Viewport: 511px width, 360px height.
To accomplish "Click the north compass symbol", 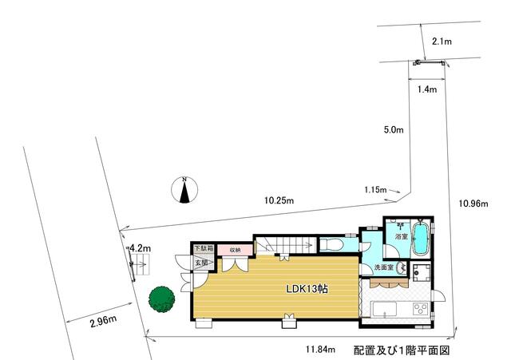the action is point(184,190).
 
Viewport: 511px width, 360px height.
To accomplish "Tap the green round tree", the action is point(161,299).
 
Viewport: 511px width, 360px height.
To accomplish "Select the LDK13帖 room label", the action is point(307,289).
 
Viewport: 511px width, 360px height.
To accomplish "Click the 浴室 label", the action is point(402,236).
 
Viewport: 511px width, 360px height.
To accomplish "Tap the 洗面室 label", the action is point(384,267).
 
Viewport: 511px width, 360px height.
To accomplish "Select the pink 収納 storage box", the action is point(235,250).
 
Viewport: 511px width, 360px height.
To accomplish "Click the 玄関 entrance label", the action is point(201,263).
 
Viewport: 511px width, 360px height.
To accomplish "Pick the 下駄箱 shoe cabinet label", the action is point(204,248).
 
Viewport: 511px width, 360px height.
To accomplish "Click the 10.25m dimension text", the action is point(279,200).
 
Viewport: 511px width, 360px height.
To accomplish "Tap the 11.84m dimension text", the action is point(320,350).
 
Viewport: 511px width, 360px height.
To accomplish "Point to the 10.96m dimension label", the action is point(473,204).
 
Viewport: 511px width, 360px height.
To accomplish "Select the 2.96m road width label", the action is point(103,321).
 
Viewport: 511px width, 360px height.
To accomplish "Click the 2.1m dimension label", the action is point(442,42).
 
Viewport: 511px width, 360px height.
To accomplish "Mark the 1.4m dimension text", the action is point(427,89).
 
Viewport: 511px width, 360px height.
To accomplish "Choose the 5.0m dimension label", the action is point(394,130).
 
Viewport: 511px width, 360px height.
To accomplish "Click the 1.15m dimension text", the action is point(375,189).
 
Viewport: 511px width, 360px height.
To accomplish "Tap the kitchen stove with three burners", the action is point(421,309).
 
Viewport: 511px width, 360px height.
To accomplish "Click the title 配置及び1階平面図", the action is point(402,350).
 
